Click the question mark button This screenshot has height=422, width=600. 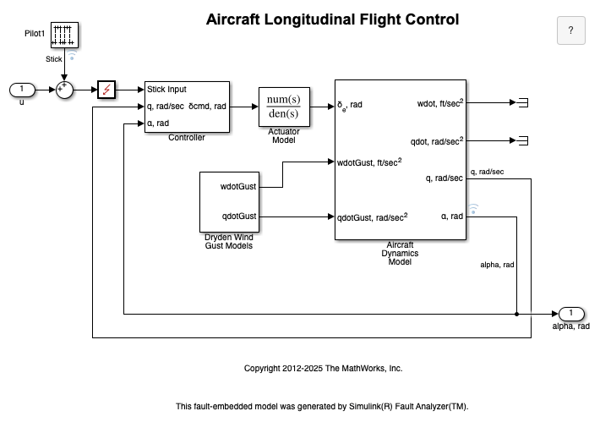570,30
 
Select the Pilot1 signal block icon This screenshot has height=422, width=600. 66,35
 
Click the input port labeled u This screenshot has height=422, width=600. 22,89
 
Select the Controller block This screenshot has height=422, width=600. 187,107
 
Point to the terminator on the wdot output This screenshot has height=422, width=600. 522,102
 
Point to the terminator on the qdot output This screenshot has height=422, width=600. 522,140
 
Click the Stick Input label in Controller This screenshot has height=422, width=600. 167,89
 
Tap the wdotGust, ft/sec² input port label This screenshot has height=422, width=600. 369,162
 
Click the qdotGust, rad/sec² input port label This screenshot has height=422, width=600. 373,216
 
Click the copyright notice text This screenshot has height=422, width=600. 323,369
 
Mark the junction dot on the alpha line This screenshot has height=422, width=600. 516,314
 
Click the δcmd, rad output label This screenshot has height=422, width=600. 208,107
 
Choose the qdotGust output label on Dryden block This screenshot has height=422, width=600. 239,216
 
